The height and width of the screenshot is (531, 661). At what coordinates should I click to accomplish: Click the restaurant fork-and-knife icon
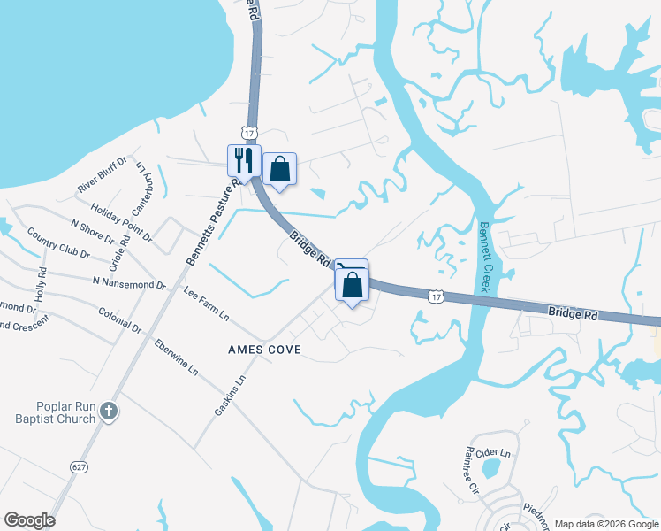point(244,160)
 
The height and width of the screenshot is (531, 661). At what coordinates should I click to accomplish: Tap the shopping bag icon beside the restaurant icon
point(279,168)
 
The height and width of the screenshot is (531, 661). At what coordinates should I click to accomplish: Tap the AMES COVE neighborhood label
point(264,350)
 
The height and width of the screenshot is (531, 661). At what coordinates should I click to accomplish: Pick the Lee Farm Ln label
point(206,303)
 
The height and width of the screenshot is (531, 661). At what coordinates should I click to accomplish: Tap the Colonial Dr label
point(120,319)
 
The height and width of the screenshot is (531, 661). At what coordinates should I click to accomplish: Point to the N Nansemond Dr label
point(129,284)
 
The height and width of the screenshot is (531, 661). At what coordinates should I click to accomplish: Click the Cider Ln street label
point(494,453)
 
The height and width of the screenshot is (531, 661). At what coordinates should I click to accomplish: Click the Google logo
point(29,520)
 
